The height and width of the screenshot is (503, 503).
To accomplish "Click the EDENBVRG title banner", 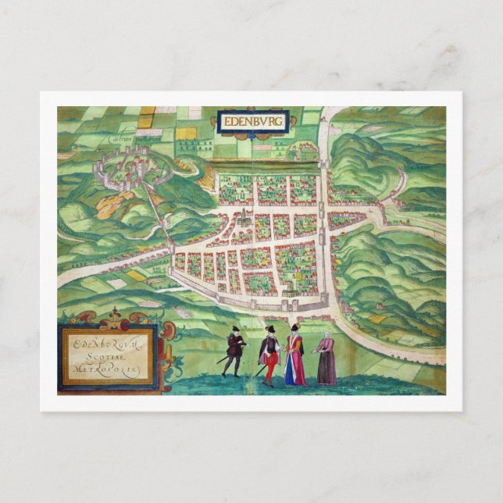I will tap(255, 122).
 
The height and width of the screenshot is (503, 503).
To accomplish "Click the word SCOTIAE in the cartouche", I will tap(109, 352).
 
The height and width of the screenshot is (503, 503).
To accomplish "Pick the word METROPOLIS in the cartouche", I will tap(109, 366).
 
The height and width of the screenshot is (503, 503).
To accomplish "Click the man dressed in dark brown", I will tap(234, 351).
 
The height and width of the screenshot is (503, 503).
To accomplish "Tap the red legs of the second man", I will tap(269, 369).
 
